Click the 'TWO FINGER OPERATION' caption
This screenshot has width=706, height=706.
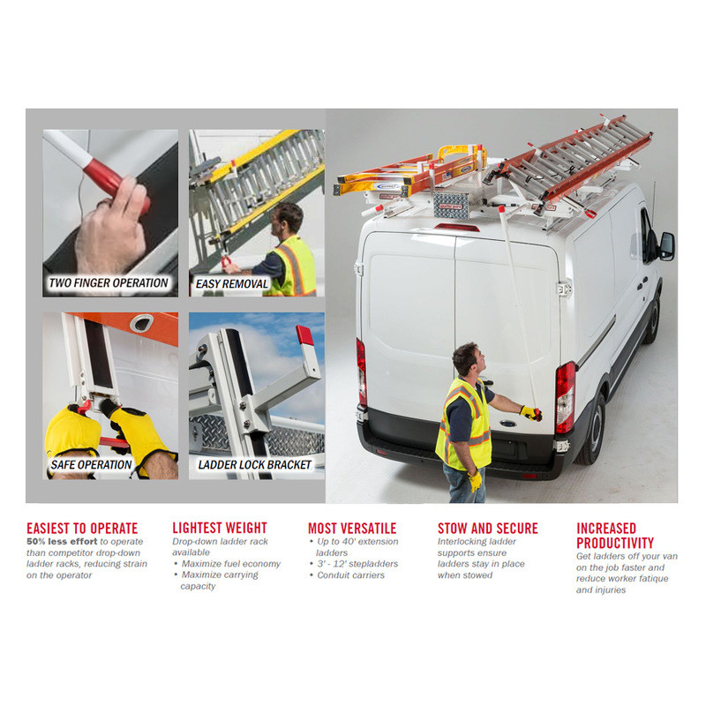coord(108,282)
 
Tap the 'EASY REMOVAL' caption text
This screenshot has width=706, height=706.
coord(232,283)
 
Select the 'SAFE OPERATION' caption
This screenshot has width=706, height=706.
coord(91,465)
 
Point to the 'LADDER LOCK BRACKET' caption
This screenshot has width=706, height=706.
coord(255,465)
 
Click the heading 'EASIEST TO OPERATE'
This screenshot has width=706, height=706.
coord(82,528)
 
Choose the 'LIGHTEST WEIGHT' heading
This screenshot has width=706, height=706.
coord(220,528)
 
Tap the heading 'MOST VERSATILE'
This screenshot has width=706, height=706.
coord(352,528)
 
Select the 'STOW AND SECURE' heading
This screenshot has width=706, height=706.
coord(488,528)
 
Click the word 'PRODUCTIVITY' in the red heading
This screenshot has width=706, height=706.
coord(614,543)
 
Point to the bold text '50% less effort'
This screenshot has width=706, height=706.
coord(62,541)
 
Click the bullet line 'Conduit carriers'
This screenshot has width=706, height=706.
coord(350,575)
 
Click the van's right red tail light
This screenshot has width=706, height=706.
coord(565,398)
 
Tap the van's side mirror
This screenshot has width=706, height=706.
coord(667,246)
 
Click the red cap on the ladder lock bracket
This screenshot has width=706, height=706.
coord(304,335)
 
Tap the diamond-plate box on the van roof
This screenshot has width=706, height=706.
coord(451,203)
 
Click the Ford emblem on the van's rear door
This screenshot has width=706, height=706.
coord(508,424)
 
